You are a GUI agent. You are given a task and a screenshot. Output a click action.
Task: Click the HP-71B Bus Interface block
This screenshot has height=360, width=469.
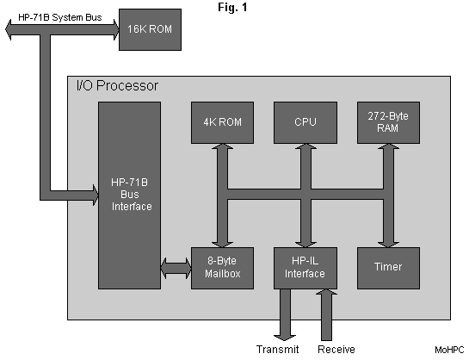click(129, 195)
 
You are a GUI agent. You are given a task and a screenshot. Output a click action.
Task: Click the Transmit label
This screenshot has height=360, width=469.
click(277, 349)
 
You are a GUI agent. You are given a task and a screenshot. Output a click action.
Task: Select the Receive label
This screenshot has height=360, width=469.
click(336, 349)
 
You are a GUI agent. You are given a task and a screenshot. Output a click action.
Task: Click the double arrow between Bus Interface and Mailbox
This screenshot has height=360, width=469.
click(176, 267)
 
